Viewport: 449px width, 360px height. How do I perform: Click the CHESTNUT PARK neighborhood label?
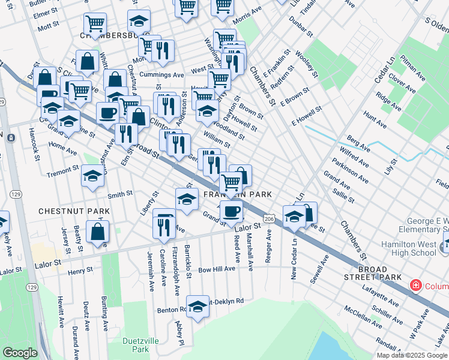(74, 211)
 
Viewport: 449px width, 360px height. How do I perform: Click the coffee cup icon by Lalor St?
(231, 211)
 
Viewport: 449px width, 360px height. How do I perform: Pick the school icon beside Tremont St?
(92, 176)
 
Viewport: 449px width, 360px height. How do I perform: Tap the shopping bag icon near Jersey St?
(97, 232)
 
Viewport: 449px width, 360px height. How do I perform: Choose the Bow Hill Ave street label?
(217, 269)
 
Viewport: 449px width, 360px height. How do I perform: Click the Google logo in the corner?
(20, 353)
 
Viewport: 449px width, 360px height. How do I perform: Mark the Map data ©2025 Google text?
(412, 355)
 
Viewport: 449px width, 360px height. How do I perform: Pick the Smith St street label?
(120, 194)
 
